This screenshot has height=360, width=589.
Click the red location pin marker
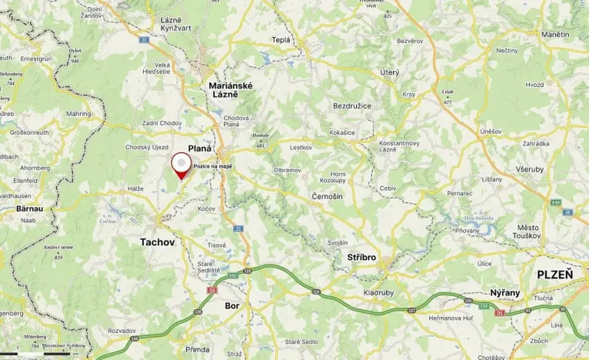pyautogui.click(x=181, y=165)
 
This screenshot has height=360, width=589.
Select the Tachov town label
pyautogui.click(x=158, y=242)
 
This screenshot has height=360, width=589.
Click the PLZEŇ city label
pyautogui.click(x=554, y=275)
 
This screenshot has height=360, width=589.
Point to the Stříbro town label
pyautogui.click(x=361, y=258)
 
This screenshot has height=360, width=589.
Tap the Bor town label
pyautogui.click(x=232, y=305)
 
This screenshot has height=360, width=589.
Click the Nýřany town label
pyautogui.click(x=506, y=293)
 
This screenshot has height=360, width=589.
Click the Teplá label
pyautogui.click(x=281, y=39)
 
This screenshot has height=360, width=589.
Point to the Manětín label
pyautogui.click(x=555, y=35)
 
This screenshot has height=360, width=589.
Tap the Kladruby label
pyautogui.click(x=378, y=294)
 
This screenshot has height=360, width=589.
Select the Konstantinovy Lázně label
pyautogui.click(x=404, y=148)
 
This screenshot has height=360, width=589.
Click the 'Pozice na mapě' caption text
pyautogui.click(x=213, y=166)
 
